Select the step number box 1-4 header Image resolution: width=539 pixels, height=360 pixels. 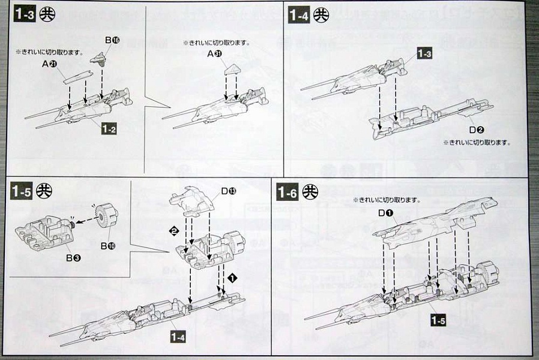pyautogui.click(x=298, y=15)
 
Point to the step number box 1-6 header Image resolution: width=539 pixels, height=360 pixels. pyautogui.click(x=288, y=192)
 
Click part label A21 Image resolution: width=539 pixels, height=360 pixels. pyautogui.click(x=50, y=64)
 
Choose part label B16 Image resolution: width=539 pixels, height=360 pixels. pyautogui.click(x=112, y=40)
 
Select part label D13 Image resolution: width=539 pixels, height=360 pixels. pyautogui.click(x=228, y=191)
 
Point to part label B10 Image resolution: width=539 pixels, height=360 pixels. pyautogui.click(x=107, y=246)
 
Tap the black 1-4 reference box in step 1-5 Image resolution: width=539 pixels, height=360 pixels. pyautogui.click(x=178, y=338)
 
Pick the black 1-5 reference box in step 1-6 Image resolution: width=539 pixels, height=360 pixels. pyautogui.click(x=439, y=320)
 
